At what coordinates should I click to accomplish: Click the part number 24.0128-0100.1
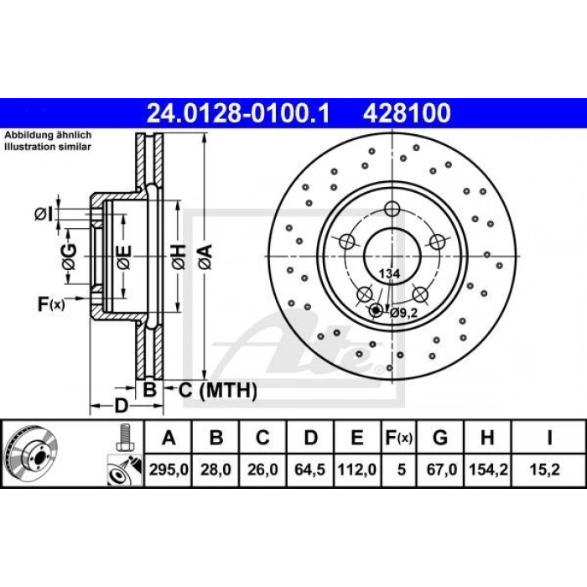(x=238, y=113)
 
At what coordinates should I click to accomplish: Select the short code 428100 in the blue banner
(x=407, y=113)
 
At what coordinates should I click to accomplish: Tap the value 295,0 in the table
(x=169, y=470)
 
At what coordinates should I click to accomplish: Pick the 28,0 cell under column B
(x=216, y=470)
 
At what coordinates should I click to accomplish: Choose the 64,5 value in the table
(x=310, y=470)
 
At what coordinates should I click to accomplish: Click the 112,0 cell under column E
(x=357, y=470)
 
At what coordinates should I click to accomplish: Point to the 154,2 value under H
(x=488, y=470)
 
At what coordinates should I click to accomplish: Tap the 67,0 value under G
(x=441, y=470)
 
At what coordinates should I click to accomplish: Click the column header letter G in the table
(x=440, y=437)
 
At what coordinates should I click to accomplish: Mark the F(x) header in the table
(x=398, y=438)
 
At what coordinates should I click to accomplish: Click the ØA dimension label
(x=206, y=257)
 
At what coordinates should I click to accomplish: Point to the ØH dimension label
(x=179, y=257)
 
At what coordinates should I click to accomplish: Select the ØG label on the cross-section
(x=70, y=257)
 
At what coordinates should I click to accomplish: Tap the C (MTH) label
(x=217, y=391)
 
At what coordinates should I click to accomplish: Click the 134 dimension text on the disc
(x=389, y=273)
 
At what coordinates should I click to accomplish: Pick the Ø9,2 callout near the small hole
(x=403, y=312)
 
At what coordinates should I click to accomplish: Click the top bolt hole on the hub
(x=392, y=209)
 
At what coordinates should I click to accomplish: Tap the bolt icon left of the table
(x=125, y=438)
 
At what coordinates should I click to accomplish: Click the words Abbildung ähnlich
(x=48, y=135)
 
